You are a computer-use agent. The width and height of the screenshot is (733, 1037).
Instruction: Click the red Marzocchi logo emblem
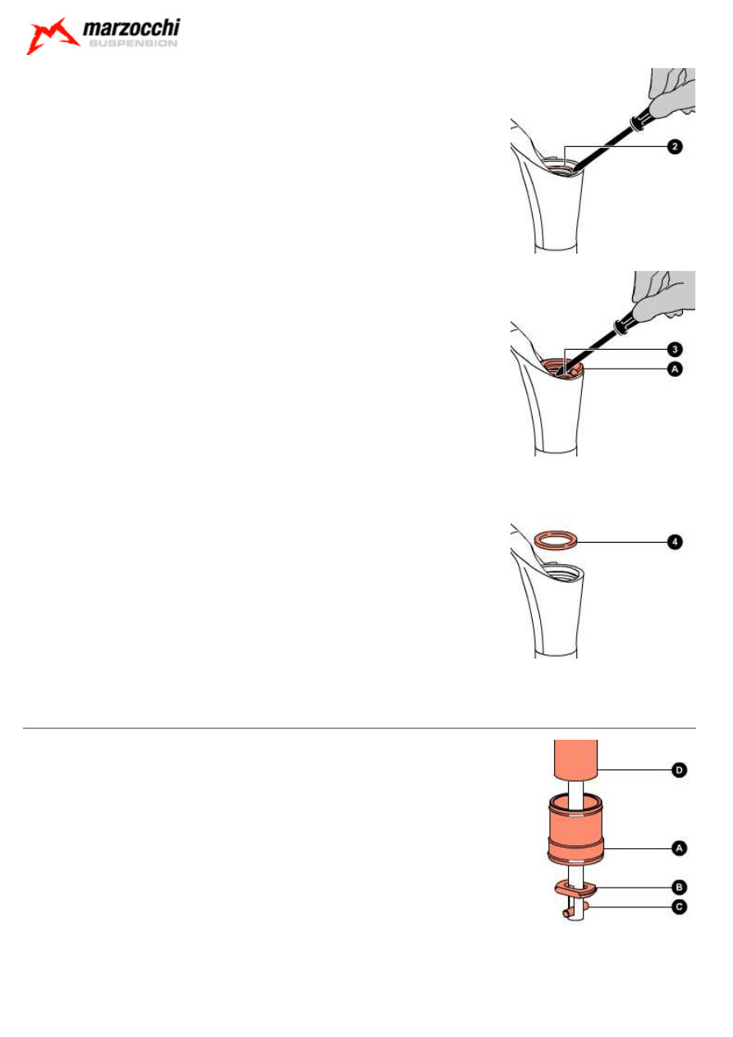point(51,37)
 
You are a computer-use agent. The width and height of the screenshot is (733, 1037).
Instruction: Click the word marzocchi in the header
point(131,31)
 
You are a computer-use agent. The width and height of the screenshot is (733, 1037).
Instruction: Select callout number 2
point(673,147)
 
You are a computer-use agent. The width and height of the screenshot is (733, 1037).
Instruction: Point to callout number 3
point(673,350)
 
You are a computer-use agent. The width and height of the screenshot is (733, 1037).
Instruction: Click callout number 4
point(673,542)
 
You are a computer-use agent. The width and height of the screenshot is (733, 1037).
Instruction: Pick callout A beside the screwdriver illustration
point(673,370)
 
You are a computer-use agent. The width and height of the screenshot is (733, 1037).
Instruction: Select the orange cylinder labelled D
point(575,760)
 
